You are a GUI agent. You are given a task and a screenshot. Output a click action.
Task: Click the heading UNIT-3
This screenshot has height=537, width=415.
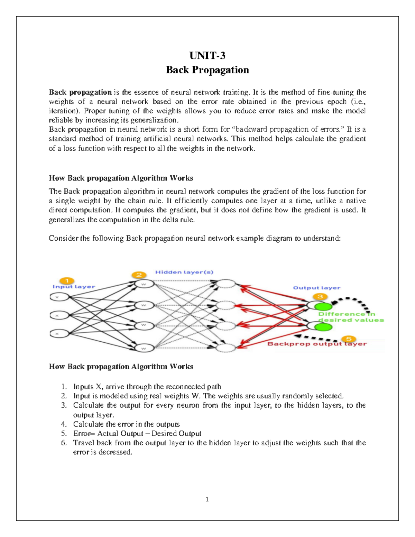[207, 56]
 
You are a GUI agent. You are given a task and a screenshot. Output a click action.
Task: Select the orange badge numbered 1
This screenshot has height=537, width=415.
[66, 280]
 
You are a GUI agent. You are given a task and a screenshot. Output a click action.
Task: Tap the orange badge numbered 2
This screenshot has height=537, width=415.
[139, 275]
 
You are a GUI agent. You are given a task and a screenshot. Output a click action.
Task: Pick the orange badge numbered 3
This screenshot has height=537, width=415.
[320, 297]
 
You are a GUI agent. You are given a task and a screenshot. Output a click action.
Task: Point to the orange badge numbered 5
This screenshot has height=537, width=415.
[349, 339]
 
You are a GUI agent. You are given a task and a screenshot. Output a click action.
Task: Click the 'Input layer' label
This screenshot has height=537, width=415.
[74, 287]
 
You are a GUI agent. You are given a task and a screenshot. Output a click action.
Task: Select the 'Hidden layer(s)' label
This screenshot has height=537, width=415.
[184, 272]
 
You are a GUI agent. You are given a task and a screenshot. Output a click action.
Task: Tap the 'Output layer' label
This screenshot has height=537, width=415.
[316, 288]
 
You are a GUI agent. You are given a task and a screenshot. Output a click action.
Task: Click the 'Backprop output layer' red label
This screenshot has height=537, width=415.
[317, 344]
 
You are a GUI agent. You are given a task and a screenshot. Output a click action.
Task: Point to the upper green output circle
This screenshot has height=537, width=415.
[325, 306]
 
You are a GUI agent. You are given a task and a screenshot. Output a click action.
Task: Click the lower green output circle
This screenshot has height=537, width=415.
[325, 326]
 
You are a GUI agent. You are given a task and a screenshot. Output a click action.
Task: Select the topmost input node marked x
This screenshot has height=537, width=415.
[57, 297]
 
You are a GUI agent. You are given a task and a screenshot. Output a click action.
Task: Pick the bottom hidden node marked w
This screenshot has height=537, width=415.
[143, 348]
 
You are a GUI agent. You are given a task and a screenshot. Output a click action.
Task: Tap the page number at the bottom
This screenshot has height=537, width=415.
[207, 499]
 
